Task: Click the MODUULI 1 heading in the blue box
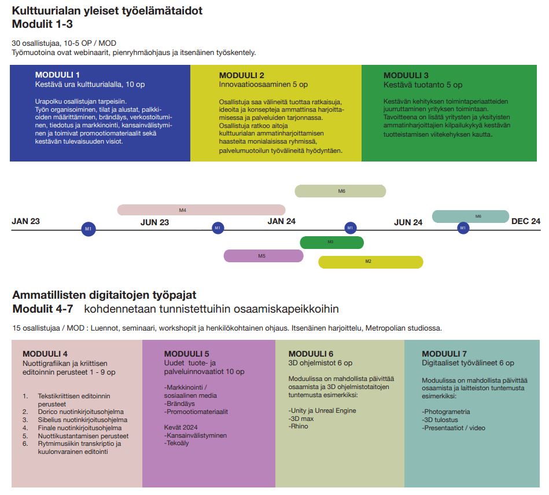pos(57,75)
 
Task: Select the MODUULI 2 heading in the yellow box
pos(242,75)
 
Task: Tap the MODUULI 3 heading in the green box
pos(406,75)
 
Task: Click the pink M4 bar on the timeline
pos(201,210)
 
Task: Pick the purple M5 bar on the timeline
pos(263,256)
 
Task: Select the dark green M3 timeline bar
pos(332,243)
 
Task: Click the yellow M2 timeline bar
pos(371,262)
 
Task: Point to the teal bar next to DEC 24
pos(470,217)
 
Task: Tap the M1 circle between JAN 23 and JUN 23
pos(89,229)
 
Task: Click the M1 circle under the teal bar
pos(463,228)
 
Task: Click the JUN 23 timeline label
pos(155,222)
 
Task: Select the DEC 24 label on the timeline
pos(525,221)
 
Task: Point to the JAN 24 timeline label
pos(282,221)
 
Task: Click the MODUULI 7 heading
pos(444,354)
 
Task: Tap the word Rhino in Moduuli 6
pos(299,426)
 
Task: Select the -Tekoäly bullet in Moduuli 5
pos(176,443)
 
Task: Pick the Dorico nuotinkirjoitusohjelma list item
pos(81,412)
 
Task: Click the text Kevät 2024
pos(180,427)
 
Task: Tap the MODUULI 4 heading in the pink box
pos(45,354)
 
